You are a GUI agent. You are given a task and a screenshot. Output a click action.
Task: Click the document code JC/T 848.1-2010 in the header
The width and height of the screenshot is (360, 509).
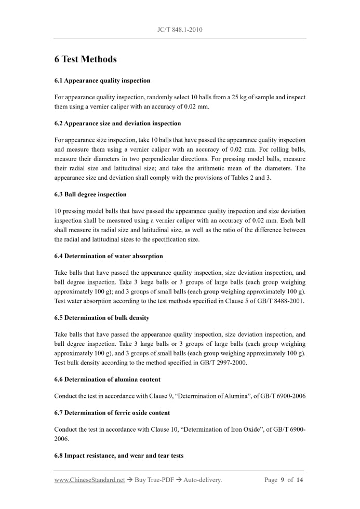point(179,30)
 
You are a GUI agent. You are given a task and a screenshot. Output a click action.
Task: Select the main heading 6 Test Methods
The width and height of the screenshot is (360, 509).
point(85,59)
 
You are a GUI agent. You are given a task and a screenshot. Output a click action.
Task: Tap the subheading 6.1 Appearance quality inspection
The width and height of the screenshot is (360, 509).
point(102,81)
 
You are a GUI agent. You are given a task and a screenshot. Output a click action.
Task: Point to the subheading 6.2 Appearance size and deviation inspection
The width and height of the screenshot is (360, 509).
point(117,123)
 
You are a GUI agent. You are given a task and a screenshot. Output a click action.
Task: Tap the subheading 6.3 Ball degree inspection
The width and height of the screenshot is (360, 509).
point(90,194)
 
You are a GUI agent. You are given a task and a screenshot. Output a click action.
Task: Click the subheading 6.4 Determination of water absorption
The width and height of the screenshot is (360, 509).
point(109,256)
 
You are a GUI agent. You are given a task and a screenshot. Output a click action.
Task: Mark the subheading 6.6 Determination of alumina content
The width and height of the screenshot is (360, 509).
point(107,379)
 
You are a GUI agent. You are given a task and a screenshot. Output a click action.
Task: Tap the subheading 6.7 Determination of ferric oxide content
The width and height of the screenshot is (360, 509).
point(112,412)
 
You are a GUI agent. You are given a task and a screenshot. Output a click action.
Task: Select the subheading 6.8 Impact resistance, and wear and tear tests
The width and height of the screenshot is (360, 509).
point(119,456)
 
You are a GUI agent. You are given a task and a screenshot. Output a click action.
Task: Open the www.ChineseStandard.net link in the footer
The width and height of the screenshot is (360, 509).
point(89,480)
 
